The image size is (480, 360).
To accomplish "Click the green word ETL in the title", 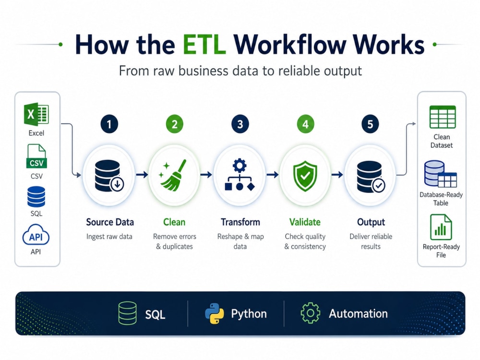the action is (204, 45).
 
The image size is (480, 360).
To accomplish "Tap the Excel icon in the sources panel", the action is (36, 114).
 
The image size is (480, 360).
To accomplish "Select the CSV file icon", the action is (36, 156).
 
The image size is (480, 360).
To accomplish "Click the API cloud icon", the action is (36, 235).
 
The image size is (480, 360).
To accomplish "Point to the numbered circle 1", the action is (109, 124).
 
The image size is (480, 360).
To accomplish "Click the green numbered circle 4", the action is (305, 124).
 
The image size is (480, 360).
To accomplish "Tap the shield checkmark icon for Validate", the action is (305, 176).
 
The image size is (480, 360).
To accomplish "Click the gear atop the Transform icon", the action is (240, 166).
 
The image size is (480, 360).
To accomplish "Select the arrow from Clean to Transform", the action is (206, 175).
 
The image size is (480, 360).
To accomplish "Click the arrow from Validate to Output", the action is (337, 175).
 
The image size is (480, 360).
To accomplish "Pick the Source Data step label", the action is (110, 222).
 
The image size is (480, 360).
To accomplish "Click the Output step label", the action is (371, 222).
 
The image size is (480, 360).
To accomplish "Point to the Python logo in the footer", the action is (214, 314).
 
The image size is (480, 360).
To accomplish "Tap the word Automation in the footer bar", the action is (358, 314).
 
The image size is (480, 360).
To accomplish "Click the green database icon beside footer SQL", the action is (127, 313).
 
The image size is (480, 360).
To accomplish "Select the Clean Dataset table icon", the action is (443, 117).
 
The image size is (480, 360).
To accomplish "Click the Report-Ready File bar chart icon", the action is (441, 227).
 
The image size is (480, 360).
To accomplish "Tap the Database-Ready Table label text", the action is (441, 199).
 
